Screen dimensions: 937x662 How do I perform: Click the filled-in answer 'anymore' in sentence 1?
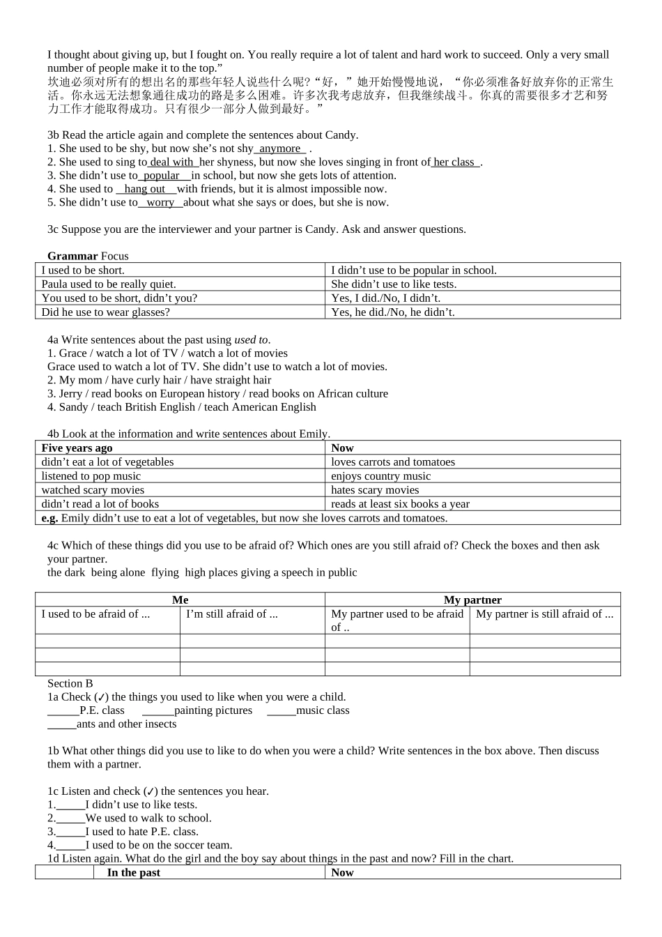(280, 148)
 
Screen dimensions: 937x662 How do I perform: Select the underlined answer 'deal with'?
(171, 162)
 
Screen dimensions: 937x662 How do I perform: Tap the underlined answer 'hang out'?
(145, 189)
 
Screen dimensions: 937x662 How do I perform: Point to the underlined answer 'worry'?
(160, 202)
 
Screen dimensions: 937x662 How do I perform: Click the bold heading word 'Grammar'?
(72, 256)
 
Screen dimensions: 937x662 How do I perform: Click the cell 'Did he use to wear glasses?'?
(106, 312)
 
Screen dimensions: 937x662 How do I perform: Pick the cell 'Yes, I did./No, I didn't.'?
(385, 298)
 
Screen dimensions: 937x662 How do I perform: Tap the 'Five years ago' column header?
(77, 448)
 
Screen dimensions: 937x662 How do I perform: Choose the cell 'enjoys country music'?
(380, 475)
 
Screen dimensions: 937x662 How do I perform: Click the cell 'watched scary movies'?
(93, 489)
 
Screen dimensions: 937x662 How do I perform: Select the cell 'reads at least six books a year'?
(400, 503)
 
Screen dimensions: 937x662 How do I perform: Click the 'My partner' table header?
(472, 600)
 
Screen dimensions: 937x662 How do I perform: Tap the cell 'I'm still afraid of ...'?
(232, 614)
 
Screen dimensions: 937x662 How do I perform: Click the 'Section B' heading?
(70, 683)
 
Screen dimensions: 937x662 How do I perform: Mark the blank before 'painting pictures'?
(158, 710)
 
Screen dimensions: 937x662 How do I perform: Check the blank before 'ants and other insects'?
(62, 724)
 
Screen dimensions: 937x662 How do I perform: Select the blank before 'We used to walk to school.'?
(70, 818)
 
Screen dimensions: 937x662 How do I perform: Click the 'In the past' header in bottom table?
(133, 872)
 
